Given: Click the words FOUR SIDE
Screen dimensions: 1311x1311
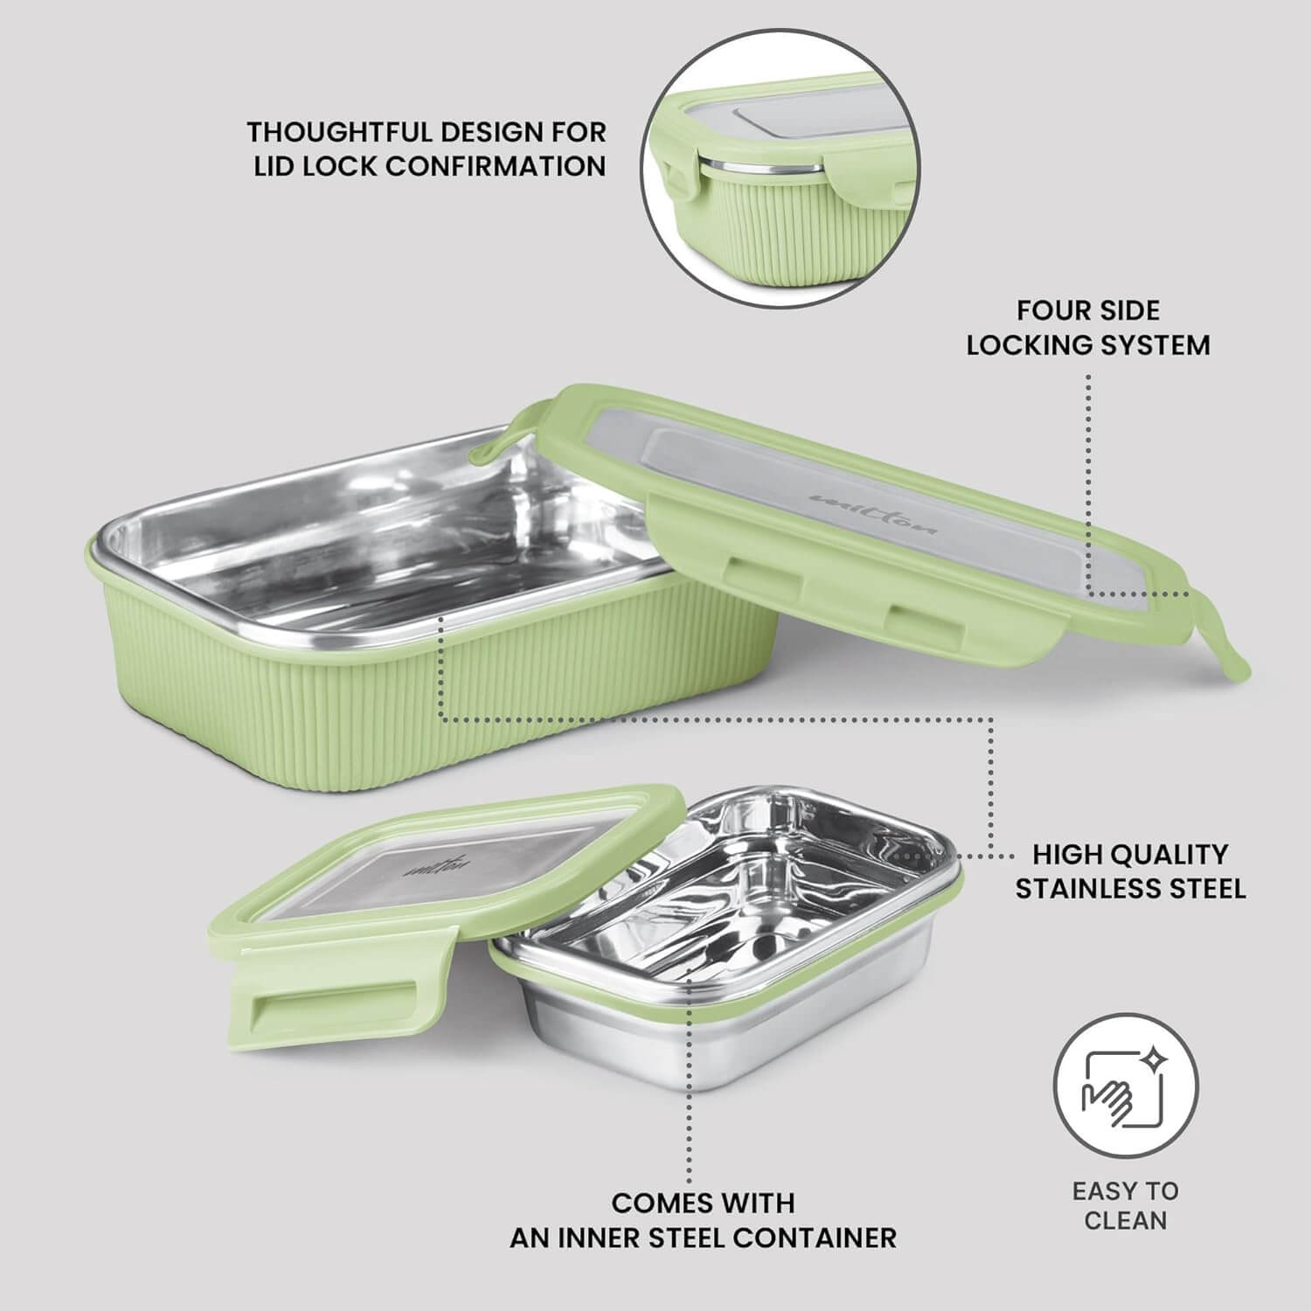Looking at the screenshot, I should click(1088, 310).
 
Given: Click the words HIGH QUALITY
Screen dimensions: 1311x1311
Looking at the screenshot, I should click(1129, 854).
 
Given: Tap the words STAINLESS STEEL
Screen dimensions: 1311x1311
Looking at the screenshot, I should click(1129, 889).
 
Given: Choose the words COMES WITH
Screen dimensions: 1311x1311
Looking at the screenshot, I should click(703, 1203).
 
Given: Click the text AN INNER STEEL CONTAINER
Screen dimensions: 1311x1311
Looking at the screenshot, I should click(703, 1238).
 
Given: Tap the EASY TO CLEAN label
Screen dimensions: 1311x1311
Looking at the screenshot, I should click(1126, 1205).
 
